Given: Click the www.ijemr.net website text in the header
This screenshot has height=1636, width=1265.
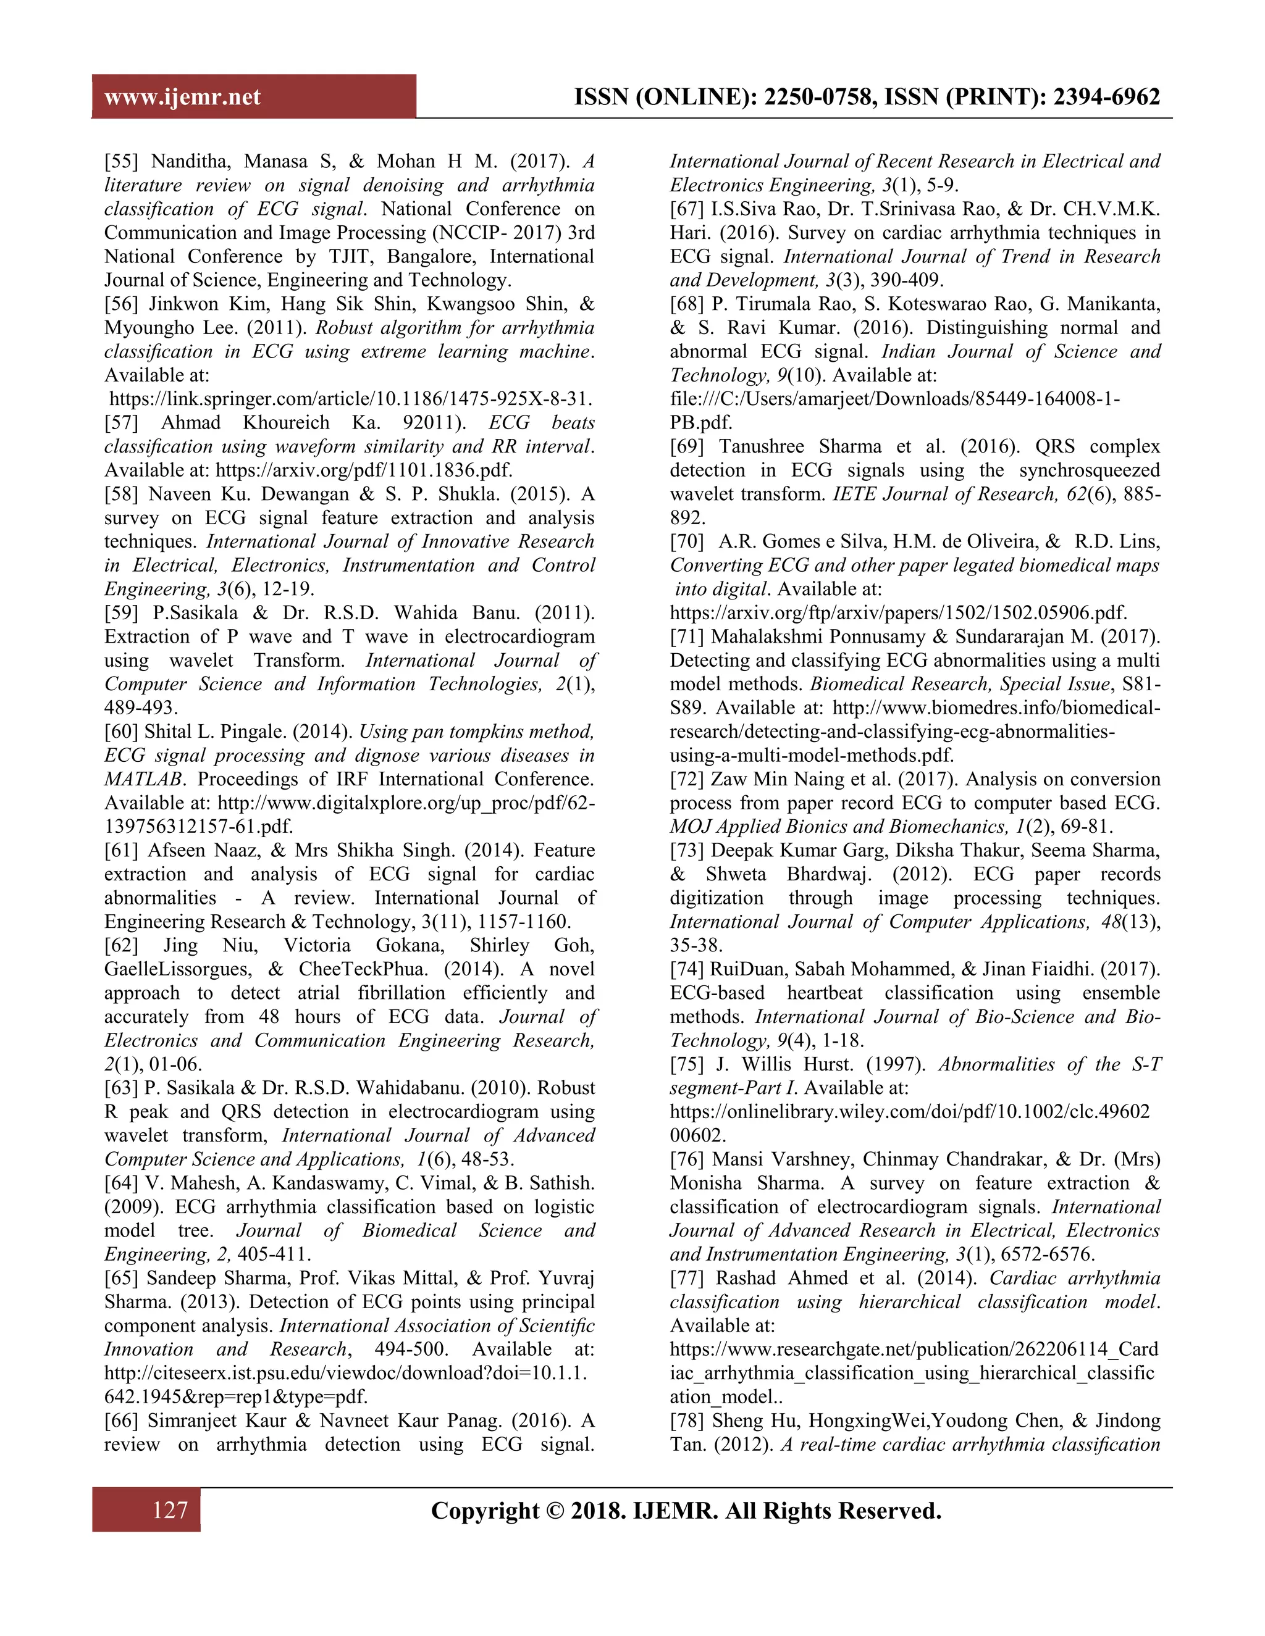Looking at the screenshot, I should click(183, 98).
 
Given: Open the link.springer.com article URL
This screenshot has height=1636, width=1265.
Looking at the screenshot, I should click(351, 399).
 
